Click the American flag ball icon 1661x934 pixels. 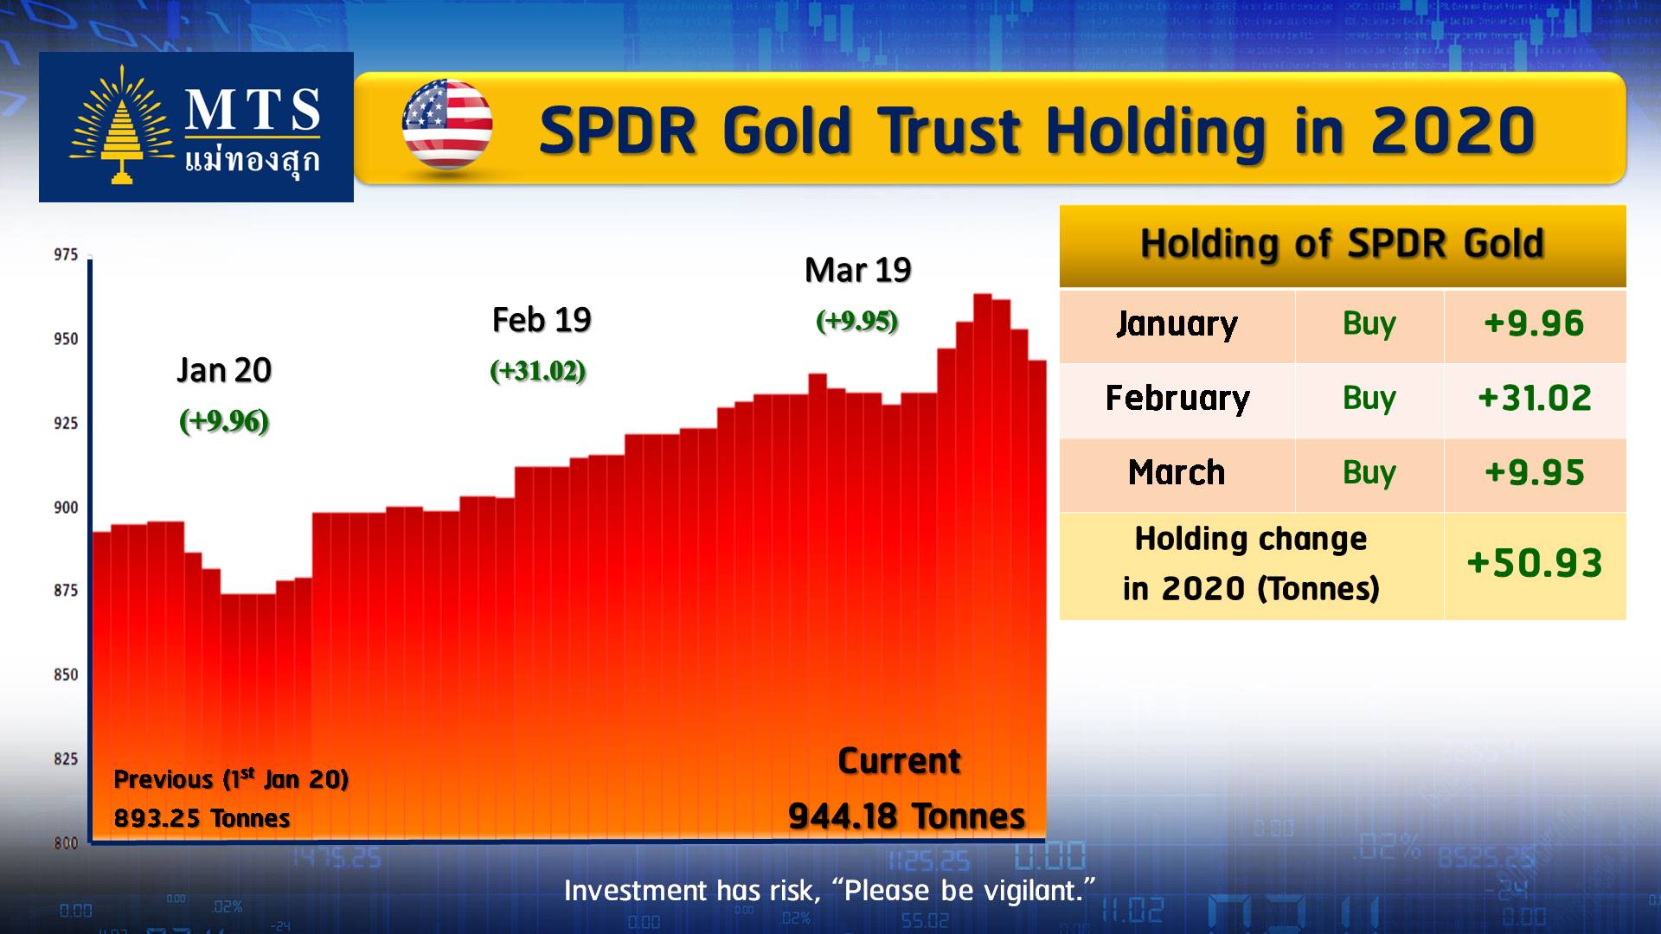click(x=447, y=125)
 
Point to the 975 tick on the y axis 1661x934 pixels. click(x=66, y=255)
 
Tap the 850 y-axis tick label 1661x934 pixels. click(x=66, y=675)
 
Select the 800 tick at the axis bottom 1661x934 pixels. click(x=66, y=842)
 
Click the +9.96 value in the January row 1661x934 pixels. click(x=1534, y=324)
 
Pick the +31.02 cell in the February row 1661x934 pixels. click(x=1534, y=399)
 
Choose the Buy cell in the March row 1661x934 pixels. click(x=1369, y=473)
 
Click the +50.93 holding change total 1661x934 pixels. click(x=1534, y=564)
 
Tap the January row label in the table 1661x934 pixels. click(x=1177, y=324)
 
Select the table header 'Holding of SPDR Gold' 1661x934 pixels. click(x=1342, y=244)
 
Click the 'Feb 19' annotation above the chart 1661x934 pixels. click(x=542, y=320)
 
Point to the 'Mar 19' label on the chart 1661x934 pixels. click(x=857, y=271)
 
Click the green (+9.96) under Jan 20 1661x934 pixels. click(x=224, y=421)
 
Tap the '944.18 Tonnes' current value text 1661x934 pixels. click(x=906, y=816)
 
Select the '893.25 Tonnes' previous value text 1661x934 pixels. click(x=202, y=818)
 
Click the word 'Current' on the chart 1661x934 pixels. click(x=899, y=762)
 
